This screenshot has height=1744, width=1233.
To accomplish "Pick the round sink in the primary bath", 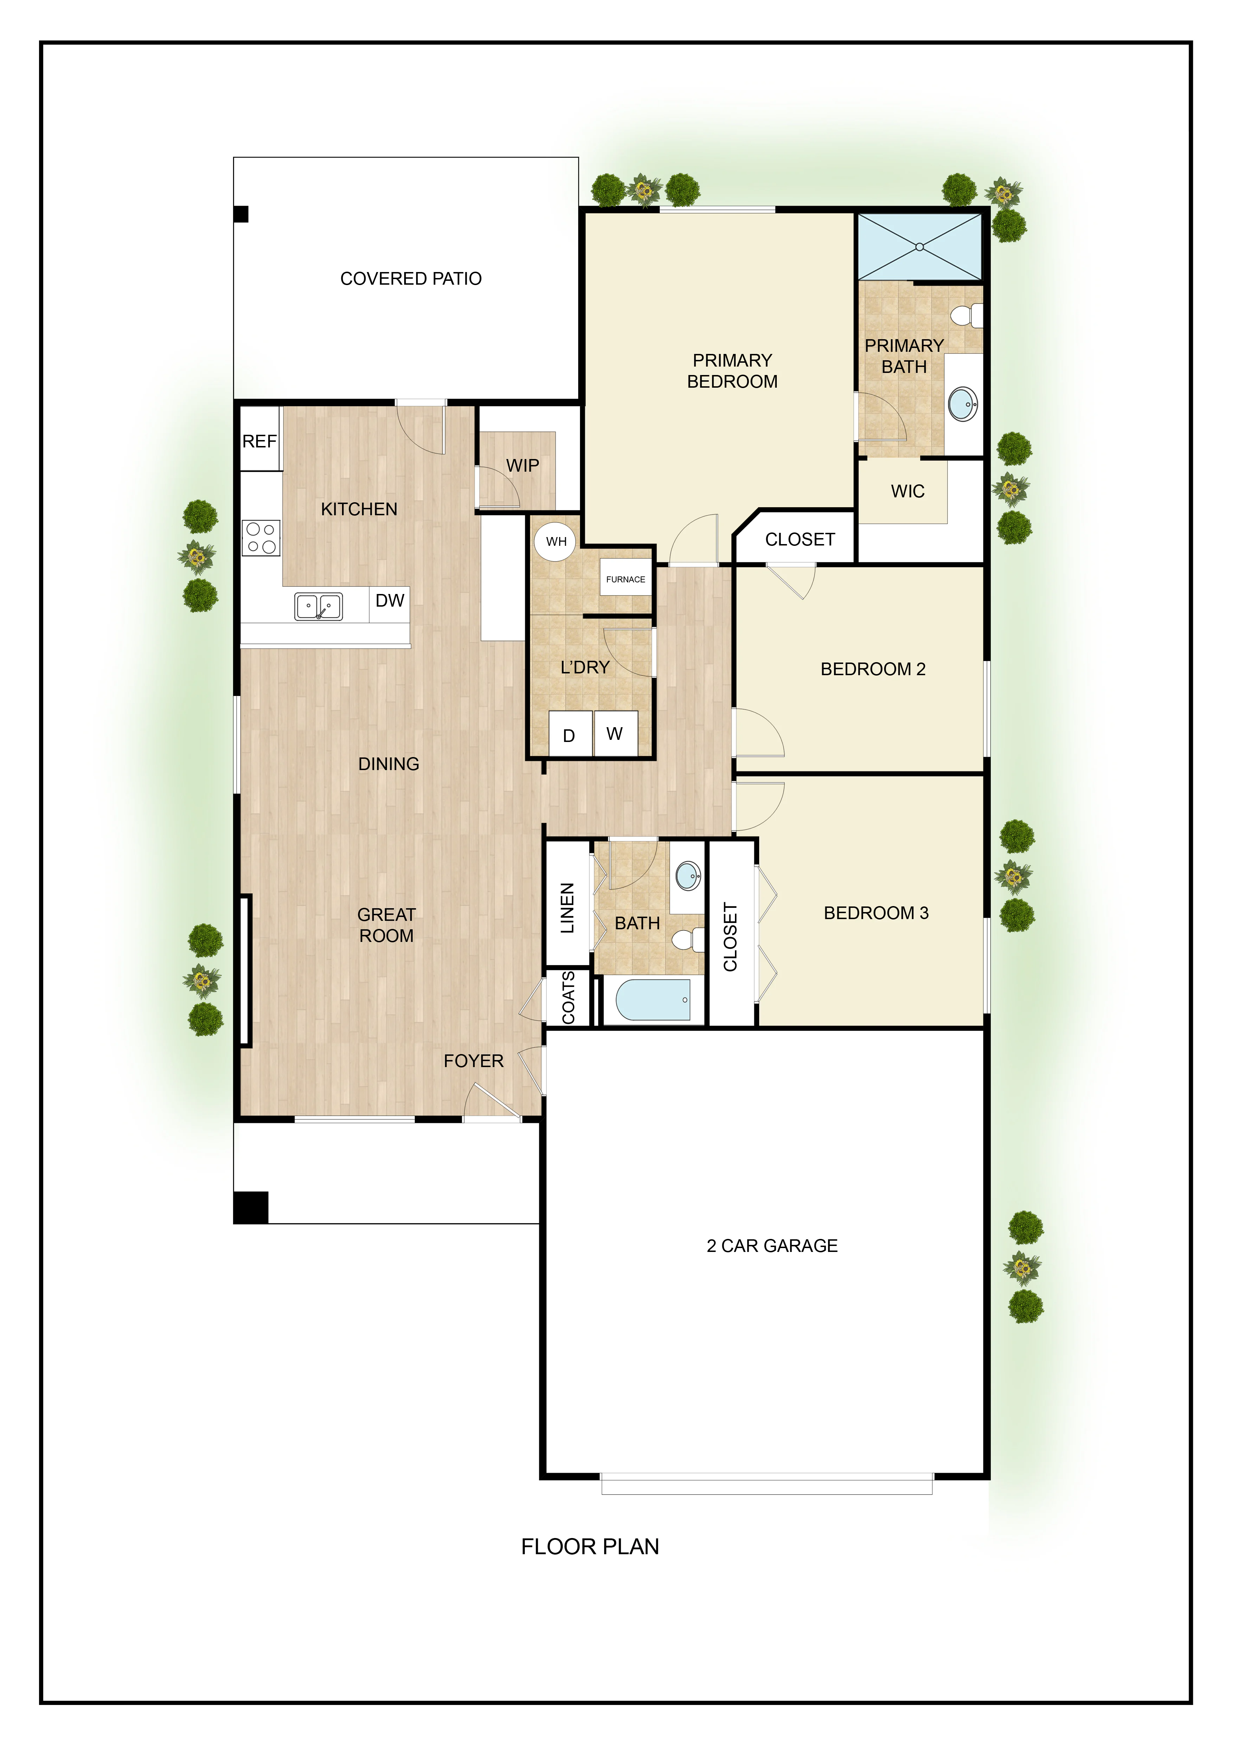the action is click(x=963, y=403).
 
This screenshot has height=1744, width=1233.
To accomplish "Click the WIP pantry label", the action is click(x=523, y=466).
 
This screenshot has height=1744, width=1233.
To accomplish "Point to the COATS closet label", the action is click(x=568, y=997).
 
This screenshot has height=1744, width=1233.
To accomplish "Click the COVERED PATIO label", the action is click(x=411, y=279).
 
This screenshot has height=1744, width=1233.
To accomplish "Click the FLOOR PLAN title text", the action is click(x=590, y=1546).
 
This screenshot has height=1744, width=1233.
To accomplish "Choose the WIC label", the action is click(x=908, y=491).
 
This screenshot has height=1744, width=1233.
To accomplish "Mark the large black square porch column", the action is click(x=251, y=1208).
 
